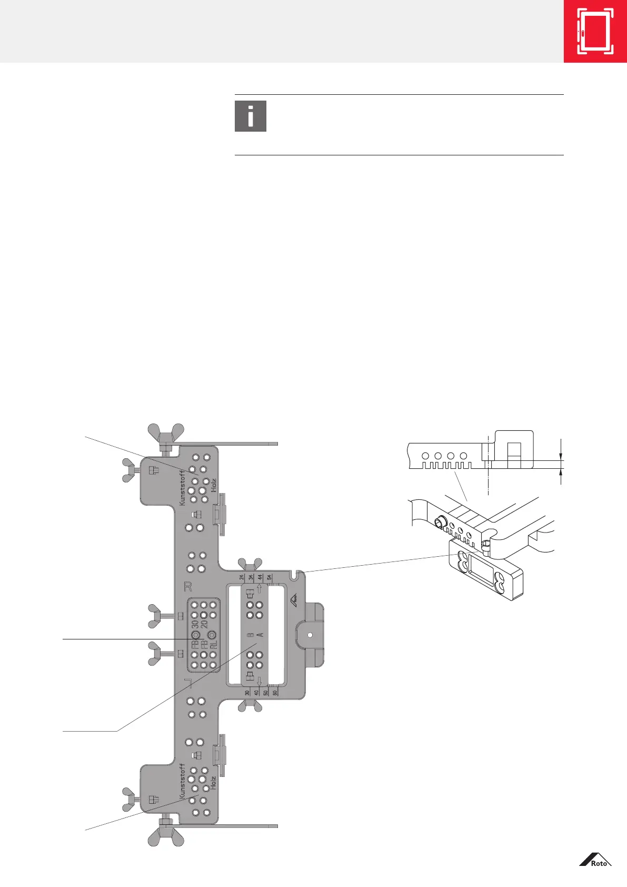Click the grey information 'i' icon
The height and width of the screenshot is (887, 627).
tap(251, 116)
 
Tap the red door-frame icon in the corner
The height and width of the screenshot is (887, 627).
tap(595, 32)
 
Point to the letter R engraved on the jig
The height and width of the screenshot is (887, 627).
tap(188, 586)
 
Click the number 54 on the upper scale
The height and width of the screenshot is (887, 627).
tap(270, 577)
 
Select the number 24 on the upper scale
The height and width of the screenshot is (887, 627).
tap(242, 577)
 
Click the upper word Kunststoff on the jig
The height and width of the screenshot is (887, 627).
tap(182, 488)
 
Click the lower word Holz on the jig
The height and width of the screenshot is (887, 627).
tap(213, 783)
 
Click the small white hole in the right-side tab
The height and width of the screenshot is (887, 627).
tap(310, 635)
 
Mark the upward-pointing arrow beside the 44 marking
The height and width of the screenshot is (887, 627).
tap(260, 589)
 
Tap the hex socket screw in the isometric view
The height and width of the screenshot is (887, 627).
tap(440, 523)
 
